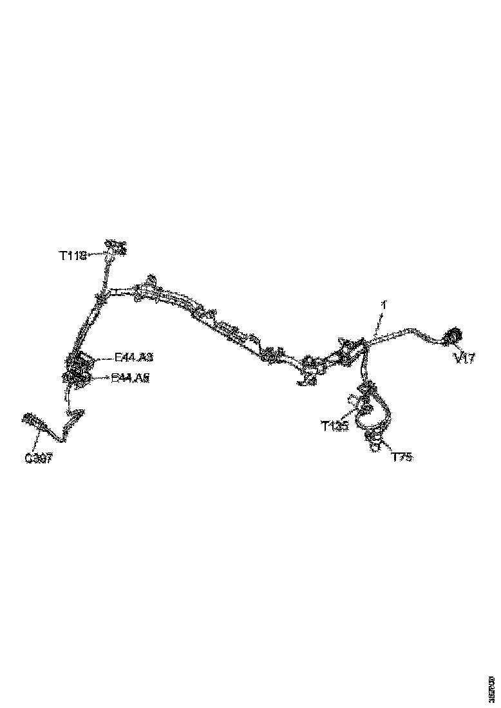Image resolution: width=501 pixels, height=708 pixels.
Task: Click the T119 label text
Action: tap(73, 256)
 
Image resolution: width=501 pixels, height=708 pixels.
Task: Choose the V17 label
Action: tap(464, 359)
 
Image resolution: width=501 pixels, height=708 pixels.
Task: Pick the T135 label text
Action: tap(335, 425)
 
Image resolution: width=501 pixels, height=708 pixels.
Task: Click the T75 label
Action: tap(402, 457)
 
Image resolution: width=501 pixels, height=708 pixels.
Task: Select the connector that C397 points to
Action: tap(32, 420)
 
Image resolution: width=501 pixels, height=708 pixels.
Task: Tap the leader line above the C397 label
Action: tap(39, 441)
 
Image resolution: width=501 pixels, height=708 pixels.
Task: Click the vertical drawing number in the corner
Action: tap(492, 686)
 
